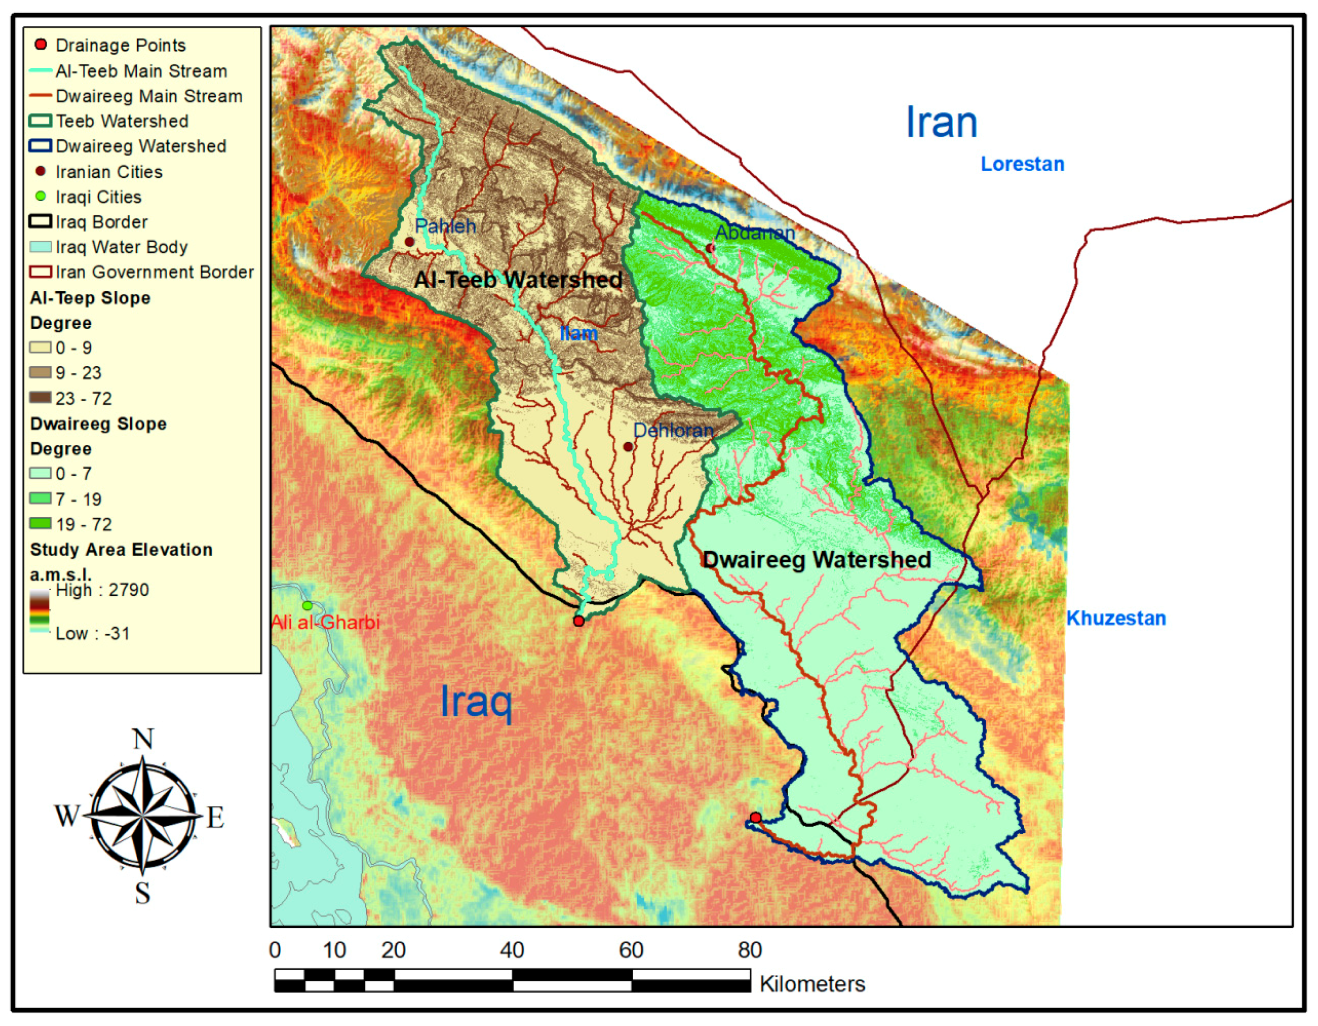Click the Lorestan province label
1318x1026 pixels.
point(1022,164)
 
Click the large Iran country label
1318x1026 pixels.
point(941,123)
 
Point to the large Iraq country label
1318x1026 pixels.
point(476,702)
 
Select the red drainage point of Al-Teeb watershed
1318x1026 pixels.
point(579,621)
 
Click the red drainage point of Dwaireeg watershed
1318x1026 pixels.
point(755,818)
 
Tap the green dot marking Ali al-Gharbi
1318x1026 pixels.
point(307,605)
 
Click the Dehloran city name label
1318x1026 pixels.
point(673,430)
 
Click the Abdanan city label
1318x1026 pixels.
point(755,232)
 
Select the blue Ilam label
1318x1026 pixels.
point(578,333)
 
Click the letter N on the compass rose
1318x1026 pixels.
point(143,739)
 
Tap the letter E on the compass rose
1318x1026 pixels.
point(215,818)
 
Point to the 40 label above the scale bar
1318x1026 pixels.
point(512,951)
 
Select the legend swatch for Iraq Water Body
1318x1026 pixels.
point(40,247)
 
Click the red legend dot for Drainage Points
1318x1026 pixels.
point(40,45)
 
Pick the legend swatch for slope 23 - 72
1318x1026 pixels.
point(40,398)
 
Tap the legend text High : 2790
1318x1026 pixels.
point(102,590)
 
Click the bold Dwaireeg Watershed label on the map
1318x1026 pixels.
point(816,560)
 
